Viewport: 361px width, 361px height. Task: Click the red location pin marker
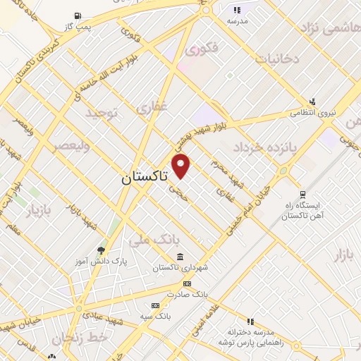pos(182,166)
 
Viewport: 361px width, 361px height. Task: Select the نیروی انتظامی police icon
pos(312,102)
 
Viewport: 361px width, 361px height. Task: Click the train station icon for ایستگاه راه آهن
pos(302,195)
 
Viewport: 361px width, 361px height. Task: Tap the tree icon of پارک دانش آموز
pos(102,250)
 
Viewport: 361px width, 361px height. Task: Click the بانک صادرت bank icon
pos(186,283)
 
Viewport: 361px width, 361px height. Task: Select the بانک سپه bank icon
pos(155,305)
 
